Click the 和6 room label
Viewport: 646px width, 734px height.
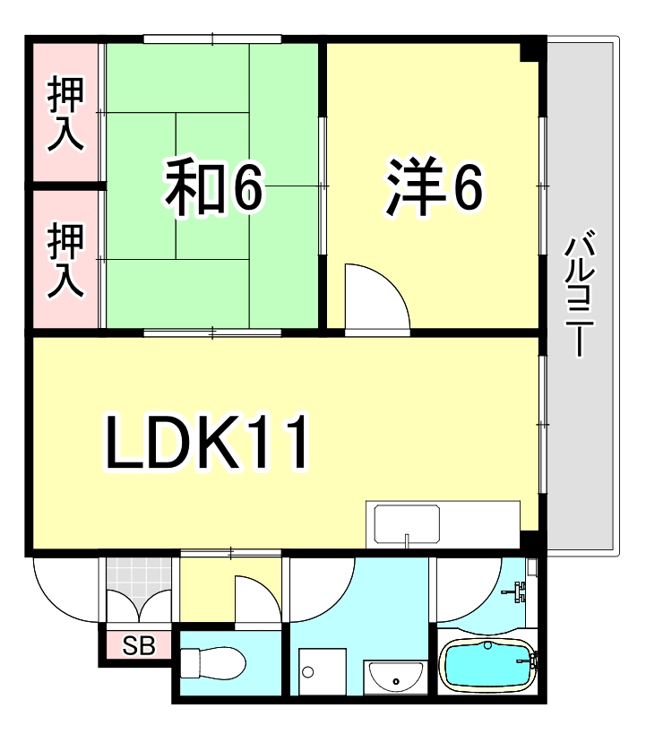(x=211, y=186)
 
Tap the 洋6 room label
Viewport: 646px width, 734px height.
(x=435, y=186)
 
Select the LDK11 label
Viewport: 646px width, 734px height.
(x=208, y=444)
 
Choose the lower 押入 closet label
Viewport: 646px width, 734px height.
(x=66, y=261)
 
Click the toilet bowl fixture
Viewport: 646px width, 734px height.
(x=213, y=665)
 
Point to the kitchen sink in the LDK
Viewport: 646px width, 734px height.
(x=407, y=525)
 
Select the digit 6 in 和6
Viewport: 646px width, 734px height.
(x=246, y=186)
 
